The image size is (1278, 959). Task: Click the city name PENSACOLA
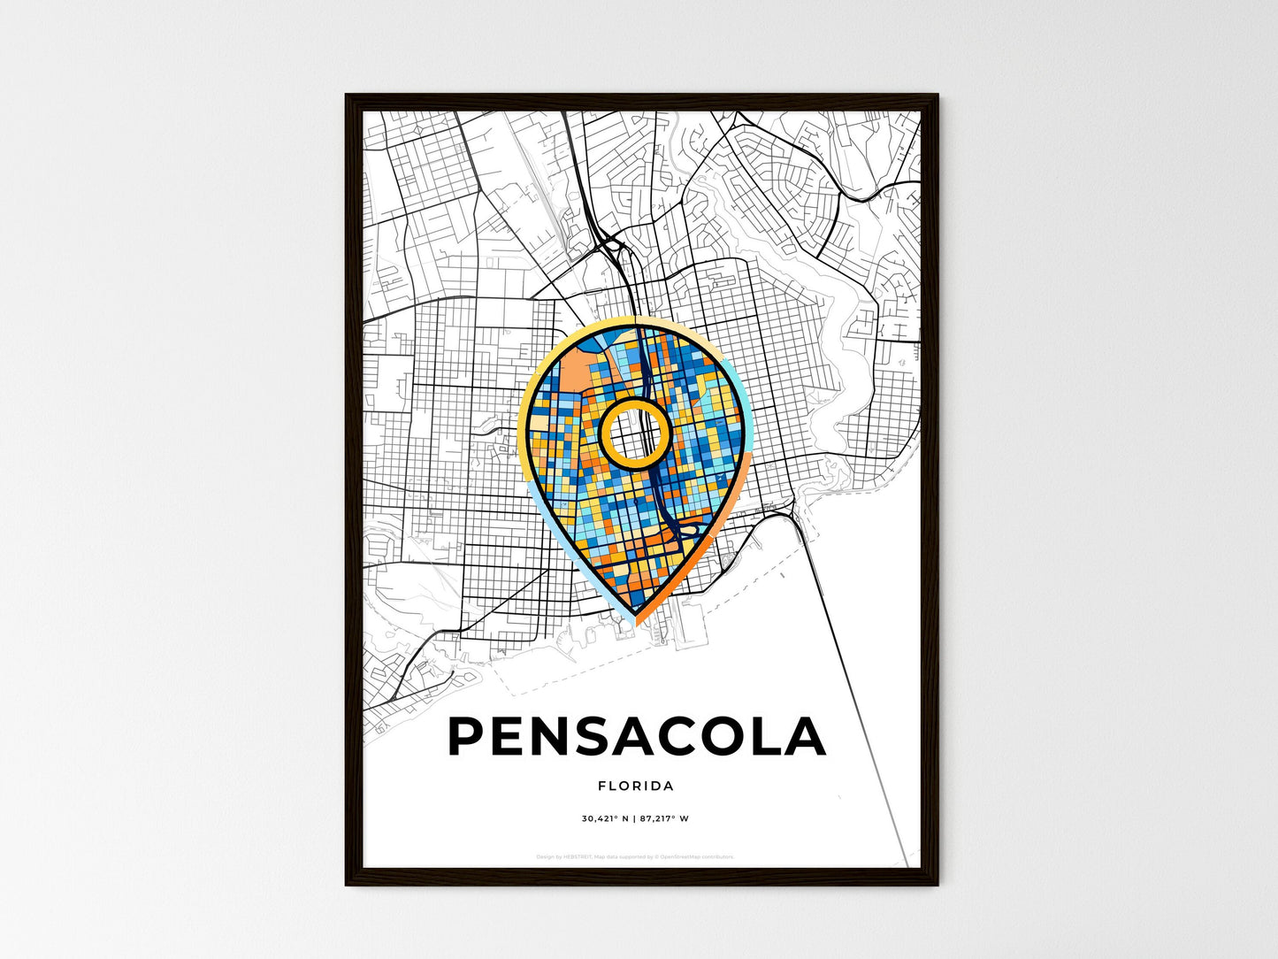(x=637, y=737)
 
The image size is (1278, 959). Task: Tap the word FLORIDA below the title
(x=636, y=786)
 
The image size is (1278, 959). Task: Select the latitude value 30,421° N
(x=605, y=818)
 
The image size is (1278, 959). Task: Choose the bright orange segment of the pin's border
(x=708, y=549)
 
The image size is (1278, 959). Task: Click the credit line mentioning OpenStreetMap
(x=635, y=856)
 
